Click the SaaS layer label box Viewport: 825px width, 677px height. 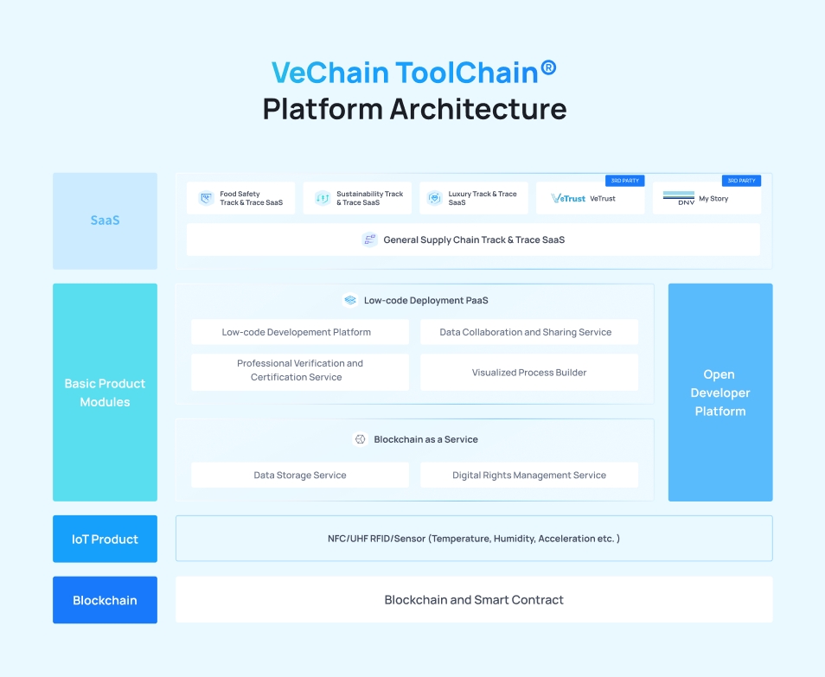click(105, 220)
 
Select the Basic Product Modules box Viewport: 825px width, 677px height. click(105, 393)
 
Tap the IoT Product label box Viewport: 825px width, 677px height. click(105, 539)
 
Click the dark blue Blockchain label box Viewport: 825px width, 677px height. click(105, 600)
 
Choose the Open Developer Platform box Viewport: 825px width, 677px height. click(719, 393)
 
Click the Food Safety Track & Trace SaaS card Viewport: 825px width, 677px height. click(240, 198)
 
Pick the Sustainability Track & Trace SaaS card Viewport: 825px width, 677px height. click(357, 198)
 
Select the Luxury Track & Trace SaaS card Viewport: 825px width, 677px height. click(473, 198)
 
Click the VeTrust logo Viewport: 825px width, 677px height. click(568, 199)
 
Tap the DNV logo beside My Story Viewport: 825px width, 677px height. click(679, 198)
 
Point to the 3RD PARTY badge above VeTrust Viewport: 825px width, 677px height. click(624, 181)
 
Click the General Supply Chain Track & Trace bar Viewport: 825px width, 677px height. click(473, 240)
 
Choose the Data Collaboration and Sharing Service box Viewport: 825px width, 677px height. click(529, 332)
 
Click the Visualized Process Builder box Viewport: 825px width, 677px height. click(529, 373)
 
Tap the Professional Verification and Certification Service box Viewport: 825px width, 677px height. click(300, 371)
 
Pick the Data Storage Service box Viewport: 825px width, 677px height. click(300, 475)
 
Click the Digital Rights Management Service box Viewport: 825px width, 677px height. click(529, 475)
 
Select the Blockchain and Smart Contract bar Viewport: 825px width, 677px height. click(474, 600)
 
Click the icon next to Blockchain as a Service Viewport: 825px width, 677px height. click(360, 439)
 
